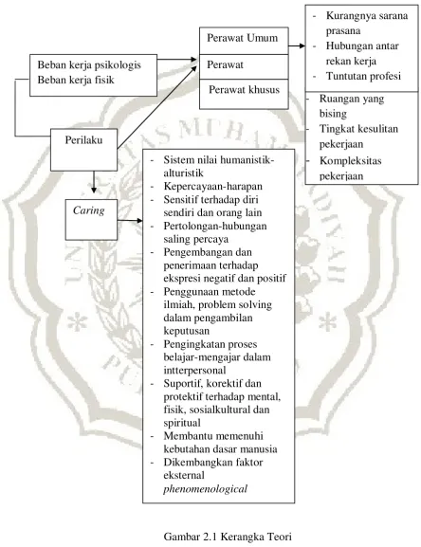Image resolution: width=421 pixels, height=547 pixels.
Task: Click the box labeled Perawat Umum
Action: coord(244,41)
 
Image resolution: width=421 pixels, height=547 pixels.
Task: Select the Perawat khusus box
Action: coord(244,94)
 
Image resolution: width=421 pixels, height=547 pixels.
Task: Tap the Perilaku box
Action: coord(83,150)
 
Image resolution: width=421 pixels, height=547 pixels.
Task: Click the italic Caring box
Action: coord(91,220)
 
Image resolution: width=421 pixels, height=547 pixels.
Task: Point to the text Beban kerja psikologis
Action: coord(89,64)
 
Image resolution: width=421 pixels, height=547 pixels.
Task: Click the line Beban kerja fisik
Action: coord(76,80)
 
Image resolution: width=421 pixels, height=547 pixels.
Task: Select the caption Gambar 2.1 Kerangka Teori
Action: coord(228,536)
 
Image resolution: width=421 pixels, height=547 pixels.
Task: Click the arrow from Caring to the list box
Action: coord(130,221)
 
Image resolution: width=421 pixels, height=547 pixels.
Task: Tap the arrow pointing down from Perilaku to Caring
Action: coord(94,182)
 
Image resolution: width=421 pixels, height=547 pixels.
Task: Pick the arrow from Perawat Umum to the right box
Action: coord(297,46)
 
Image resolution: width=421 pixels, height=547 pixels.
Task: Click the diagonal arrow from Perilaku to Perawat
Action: coord(157,107)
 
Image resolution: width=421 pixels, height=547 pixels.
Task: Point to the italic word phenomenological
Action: coord(205,489)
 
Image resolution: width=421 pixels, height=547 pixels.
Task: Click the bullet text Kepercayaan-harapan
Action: coord(212,187)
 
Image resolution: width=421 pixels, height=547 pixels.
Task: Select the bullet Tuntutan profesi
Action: coord(363,76)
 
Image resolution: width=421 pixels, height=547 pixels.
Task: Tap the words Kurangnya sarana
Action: coord(367,16)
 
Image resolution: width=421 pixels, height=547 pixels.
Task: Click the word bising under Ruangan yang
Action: coord(333,114)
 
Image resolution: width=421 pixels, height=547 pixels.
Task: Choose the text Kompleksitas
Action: coord(351,161)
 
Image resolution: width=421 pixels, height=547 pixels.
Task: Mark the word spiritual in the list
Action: coord(182,423)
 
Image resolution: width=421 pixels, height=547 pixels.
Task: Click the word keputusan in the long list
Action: coord(187,331)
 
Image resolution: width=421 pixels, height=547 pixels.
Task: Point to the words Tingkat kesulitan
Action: coord(359,129)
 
